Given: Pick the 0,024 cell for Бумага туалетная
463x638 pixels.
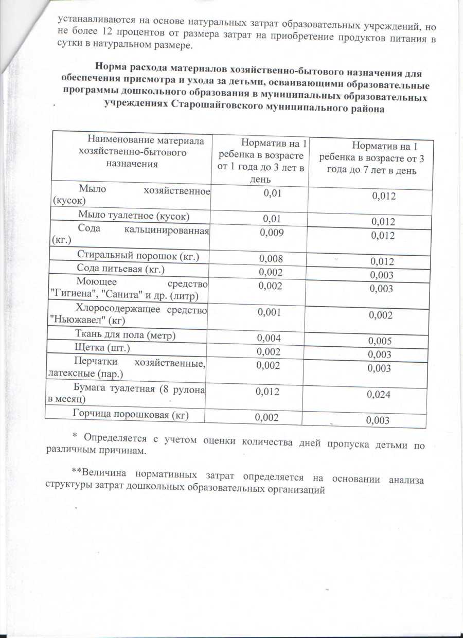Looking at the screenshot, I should point(378,395).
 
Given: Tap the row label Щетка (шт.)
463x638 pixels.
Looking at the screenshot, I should point(103,349).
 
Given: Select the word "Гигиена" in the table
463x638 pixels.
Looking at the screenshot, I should point(75,293).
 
